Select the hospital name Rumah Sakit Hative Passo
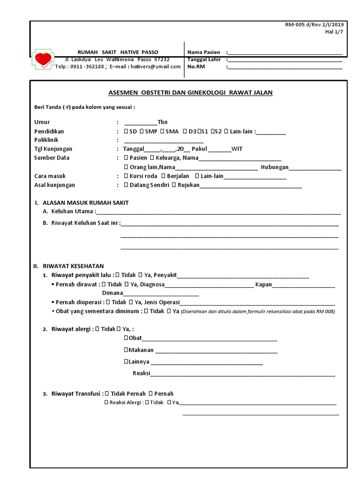pos(118,52)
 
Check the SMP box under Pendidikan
pos(142,131)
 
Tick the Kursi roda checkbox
pos(126,176)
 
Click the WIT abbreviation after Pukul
pos(237,149)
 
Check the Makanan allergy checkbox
pos(126,350)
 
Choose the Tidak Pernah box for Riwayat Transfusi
pos(107,394)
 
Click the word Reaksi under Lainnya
pos(141,373)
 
